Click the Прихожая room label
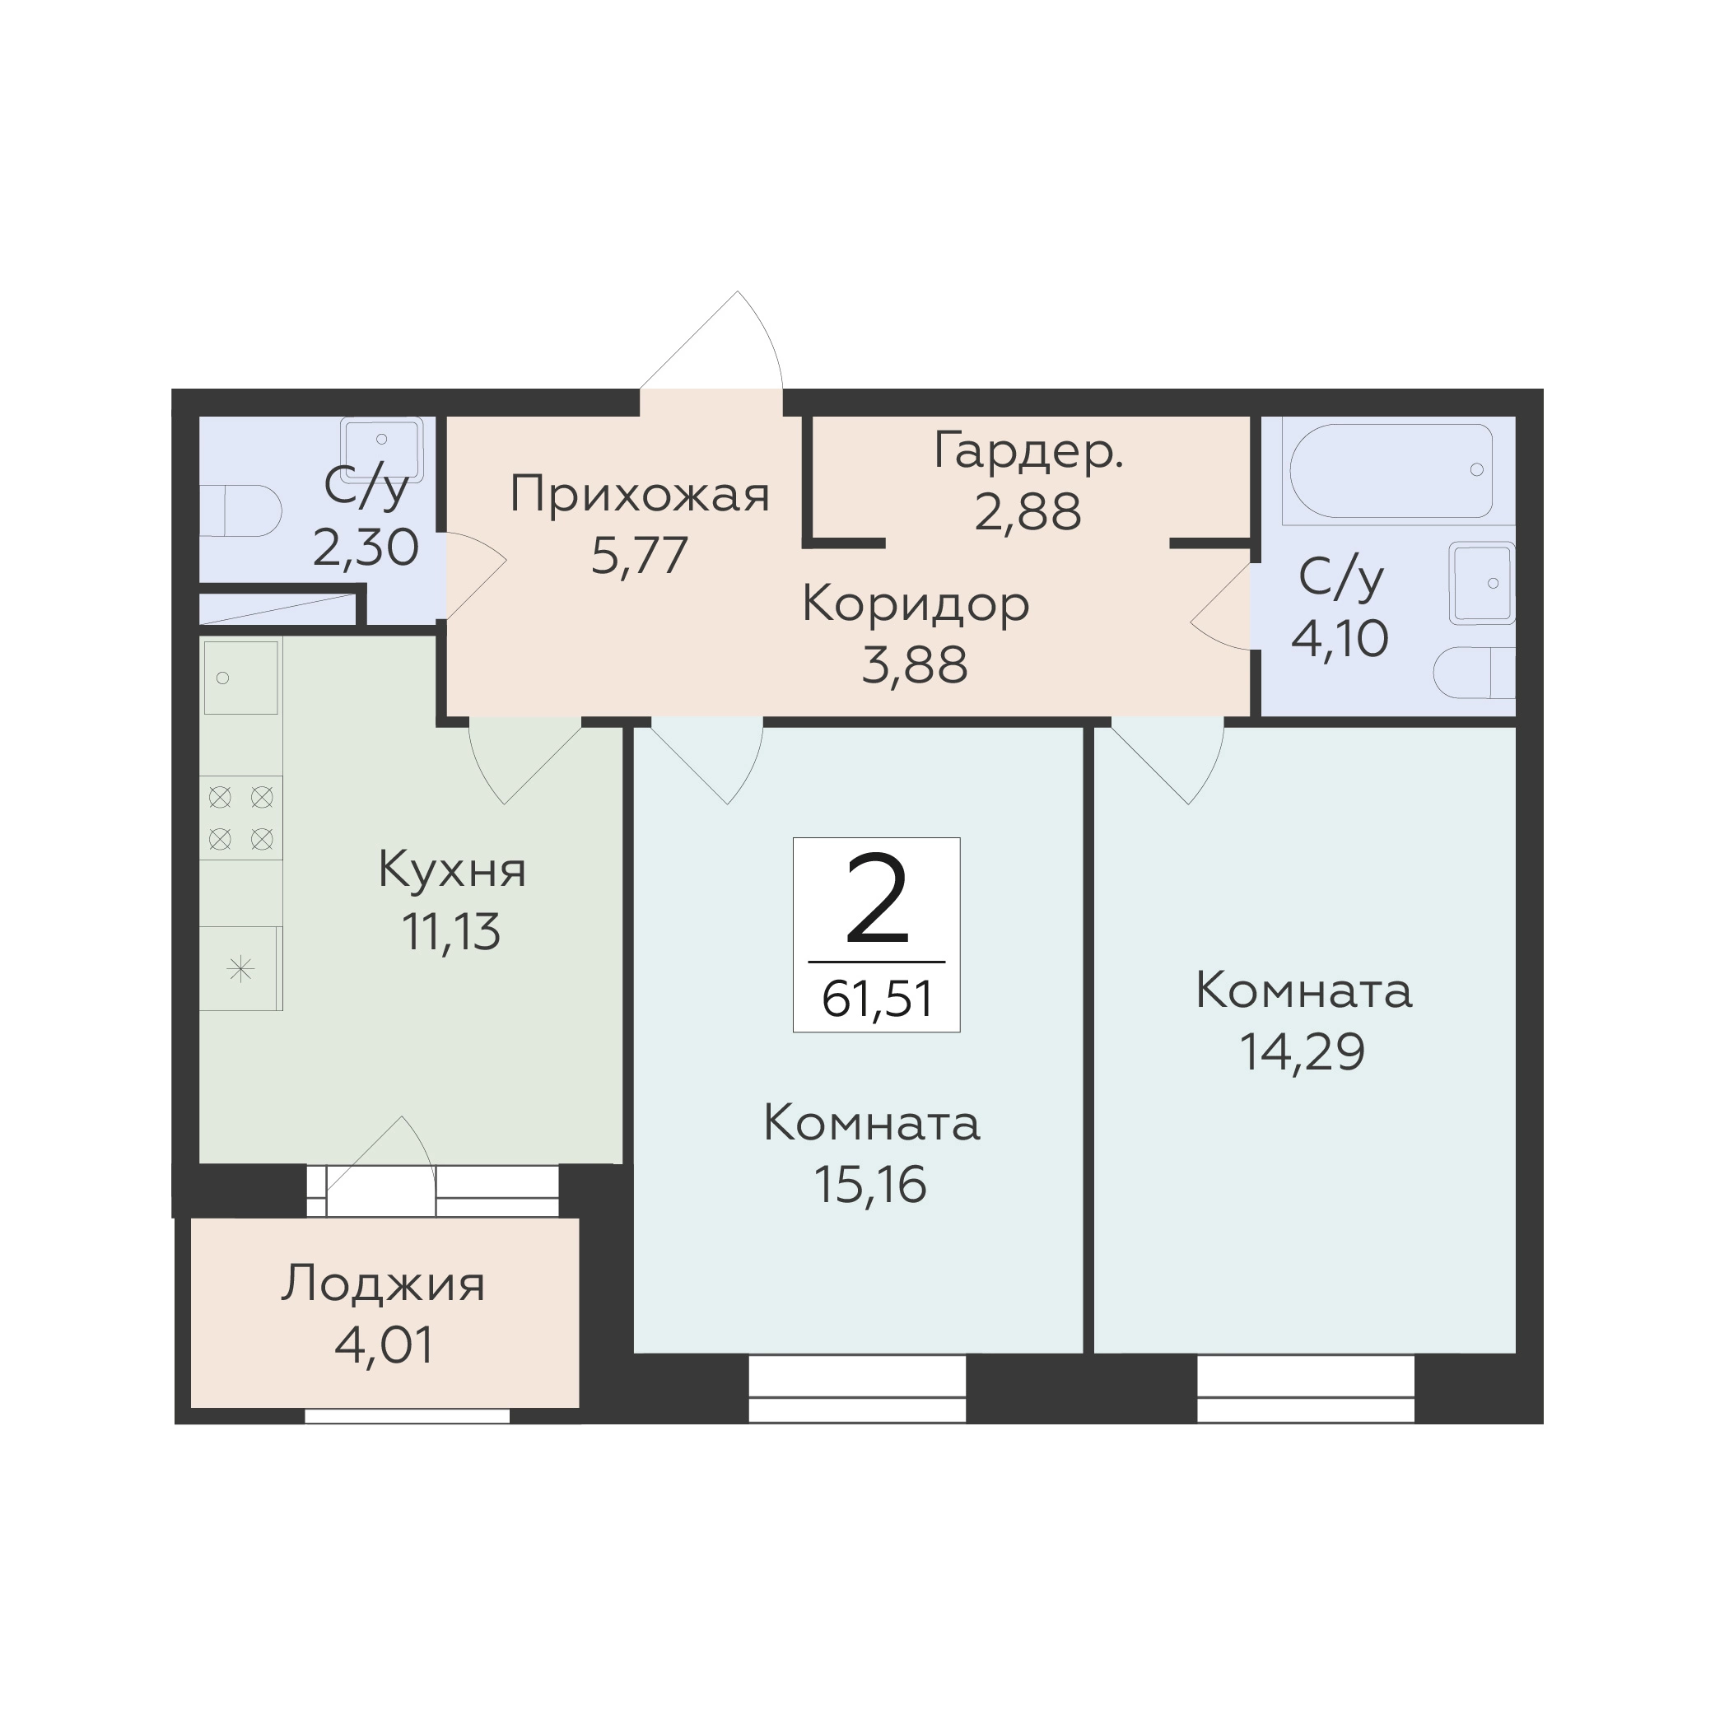point(639,495)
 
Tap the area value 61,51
point(877,1000)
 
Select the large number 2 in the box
point(877,897)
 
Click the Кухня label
point(452,870)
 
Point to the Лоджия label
point(384,1284)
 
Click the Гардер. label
point(1029,452)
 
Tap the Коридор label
point(916,605)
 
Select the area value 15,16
point(870,1185)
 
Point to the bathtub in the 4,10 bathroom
point(1390,470)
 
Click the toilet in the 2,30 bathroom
point(240,510)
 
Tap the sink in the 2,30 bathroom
point(382,450)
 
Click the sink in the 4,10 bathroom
point(1481,583)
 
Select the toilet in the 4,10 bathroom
point(1474,673)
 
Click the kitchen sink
point(240,678)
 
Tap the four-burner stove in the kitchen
point(240,818)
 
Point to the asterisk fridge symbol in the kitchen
point(240,968)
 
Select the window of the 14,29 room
point(1305,1388)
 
